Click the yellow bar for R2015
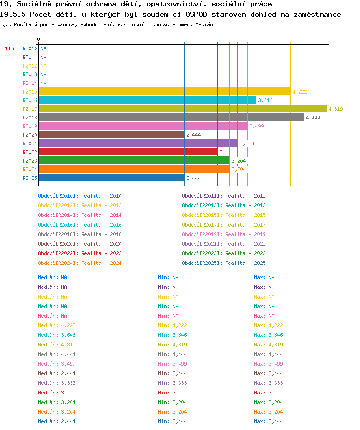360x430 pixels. coord(165,91)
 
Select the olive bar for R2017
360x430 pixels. coord(183,108)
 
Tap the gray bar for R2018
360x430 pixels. coord(172,118)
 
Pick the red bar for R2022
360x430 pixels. coord(129,152)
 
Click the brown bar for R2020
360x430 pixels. coord(112,135)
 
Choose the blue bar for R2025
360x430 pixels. coord(112,178)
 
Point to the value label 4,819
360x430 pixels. coord(336,109)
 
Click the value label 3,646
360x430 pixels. coord(265,100)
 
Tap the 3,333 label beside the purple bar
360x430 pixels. coord(247,143)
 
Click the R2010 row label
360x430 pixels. coord(30,48)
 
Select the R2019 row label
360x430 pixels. coord(30,126)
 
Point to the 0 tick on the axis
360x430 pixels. coord(39,39)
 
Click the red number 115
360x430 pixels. coord(10,48)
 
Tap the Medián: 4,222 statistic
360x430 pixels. coord(57,325)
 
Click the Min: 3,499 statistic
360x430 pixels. coord(172,364)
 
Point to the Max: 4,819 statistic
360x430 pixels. coord(268,345)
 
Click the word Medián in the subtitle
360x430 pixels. coord(204,24)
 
